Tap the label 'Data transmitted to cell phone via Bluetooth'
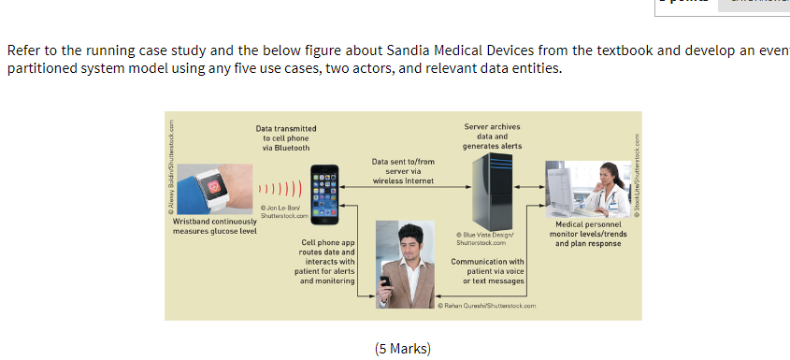(285, 137)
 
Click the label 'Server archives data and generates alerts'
(492, 137)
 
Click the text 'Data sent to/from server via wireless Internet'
(403, 171)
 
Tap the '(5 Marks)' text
(402, 349)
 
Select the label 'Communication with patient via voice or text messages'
(488, 271)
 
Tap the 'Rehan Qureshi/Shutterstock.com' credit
(488, 306)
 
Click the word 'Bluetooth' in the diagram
(286, 148)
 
